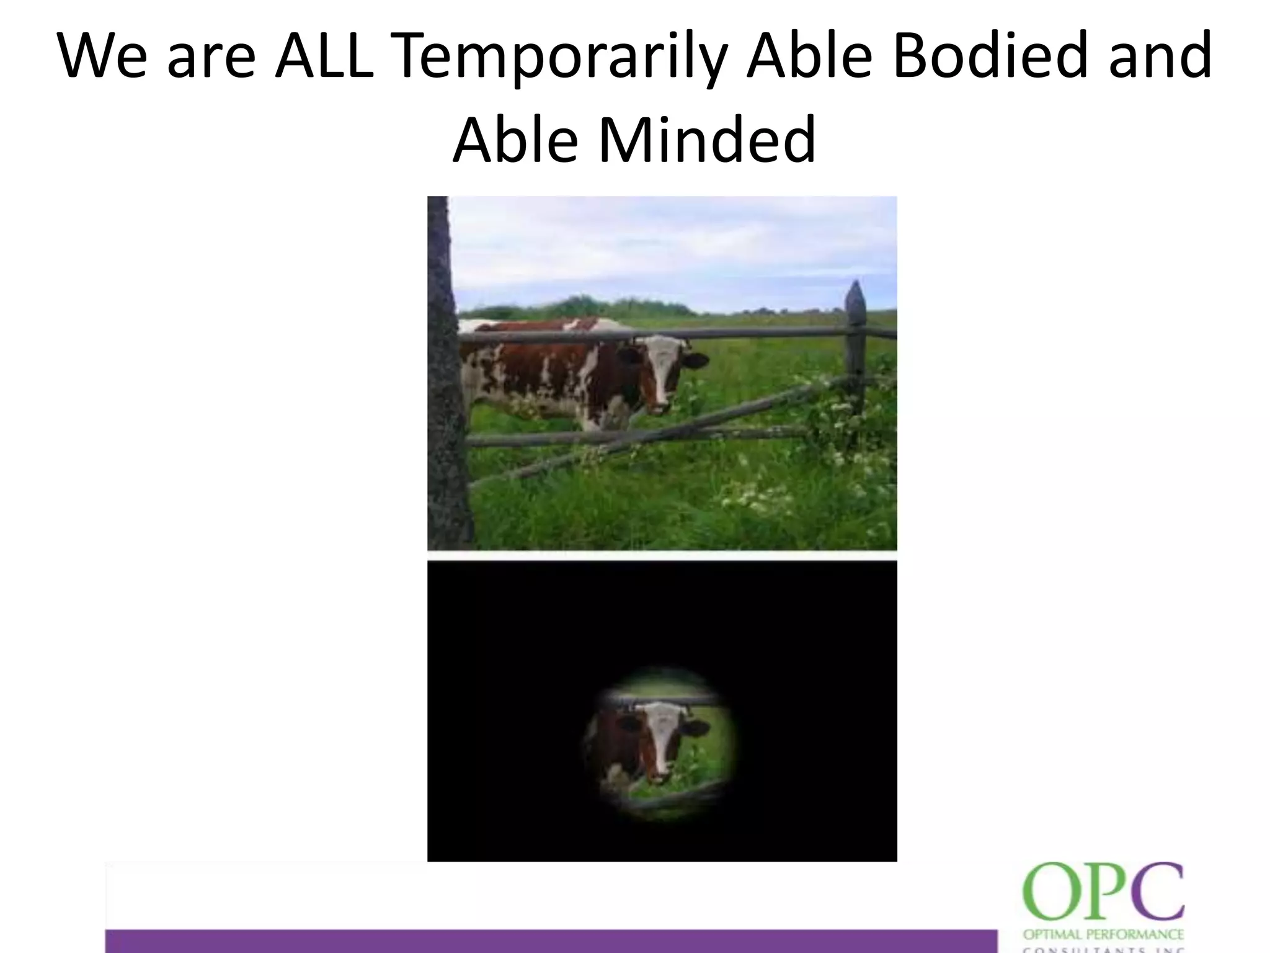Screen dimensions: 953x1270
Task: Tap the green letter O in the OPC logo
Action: pyautogui.click(x=1049, y=892)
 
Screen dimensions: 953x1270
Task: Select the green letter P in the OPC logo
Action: pyautogui.click(x=1102, y=892)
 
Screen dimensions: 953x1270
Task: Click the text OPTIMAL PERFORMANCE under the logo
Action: pyautogui.click(x=1103, y=934)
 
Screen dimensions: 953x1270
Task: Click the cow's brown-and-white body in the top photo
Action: pyautogui.click(x=546, y=372)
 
